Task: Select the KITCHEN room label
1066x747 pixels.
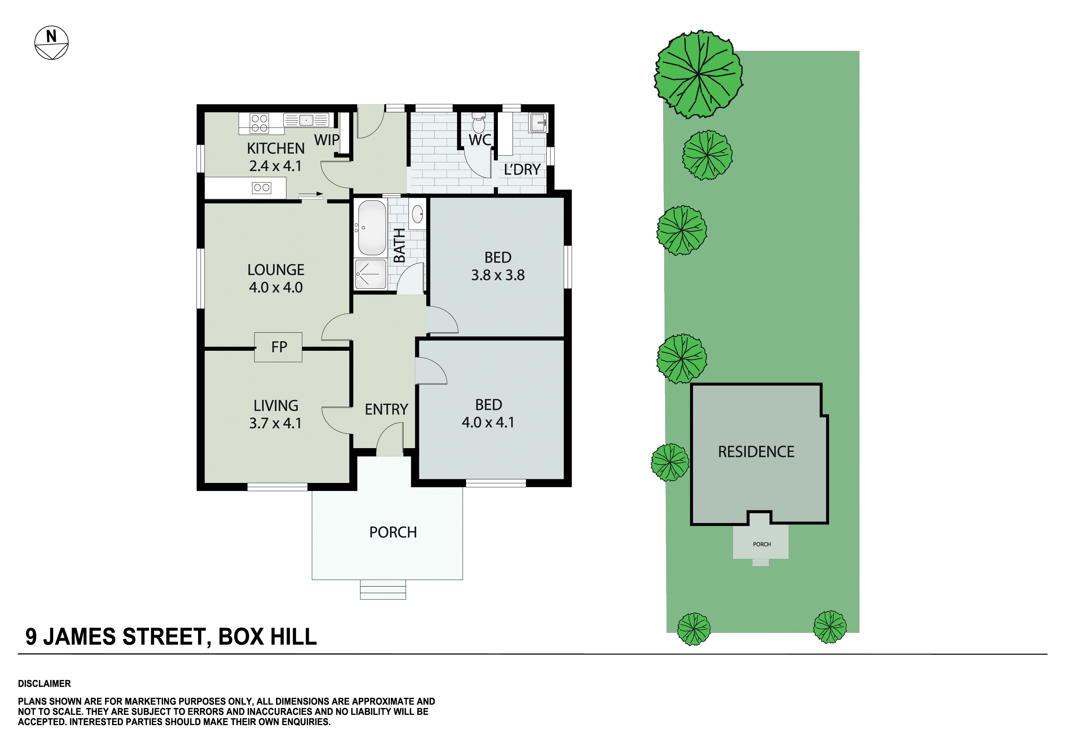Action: point(276,148)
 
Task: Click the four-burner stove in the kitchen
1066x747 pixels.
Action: point(259,123)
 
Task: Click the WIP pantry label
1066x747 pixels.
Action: point(327,140)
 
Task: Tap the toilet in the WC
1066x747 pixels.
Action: point(478,124)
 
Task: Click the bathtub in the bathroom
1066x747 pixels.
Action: point(371,228)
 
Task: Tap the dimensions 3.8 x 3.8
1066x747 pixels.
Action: point(498,275)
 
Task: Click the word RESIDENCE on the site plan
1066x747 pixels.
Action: point(756,451)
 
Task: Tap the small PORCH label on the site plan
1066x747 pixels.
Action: point(762,544)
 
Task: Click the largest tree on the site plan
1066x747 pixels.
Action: point(698,74)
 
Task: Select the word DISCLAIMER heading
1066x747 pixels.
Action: point(44,683)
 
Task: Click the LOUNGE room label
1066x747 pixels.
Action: point(276,269)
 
